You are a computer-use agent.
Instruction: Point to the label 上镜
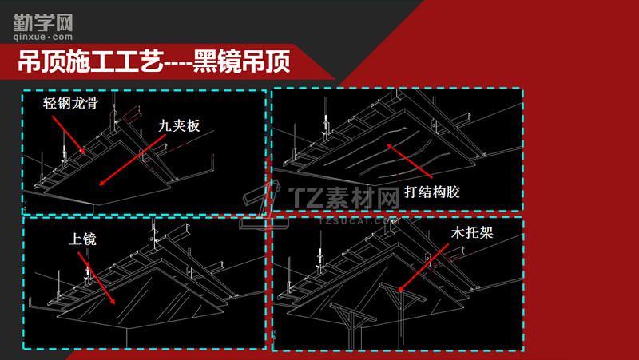[x=83, y=239]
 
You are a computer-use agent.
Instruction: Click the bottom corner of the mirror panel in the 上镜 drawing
[x=127, y=328]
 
